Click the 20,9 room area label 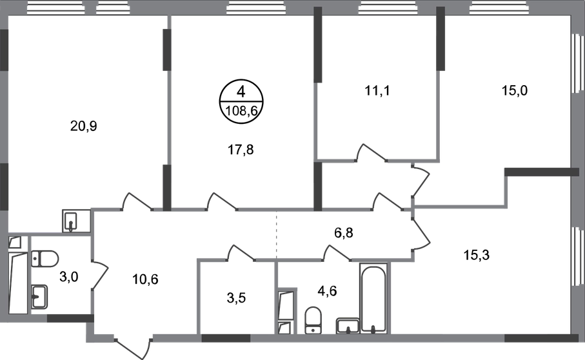(x=84, y=126)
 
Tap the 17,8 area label (x=241, y=150)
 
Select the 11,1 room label (x=377, y=90)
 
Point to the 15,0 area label (x=515, y=90)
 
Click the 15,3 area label (x=477, y=255)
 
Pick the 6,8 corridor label (x=343, y=233)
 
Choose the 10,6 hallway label (x=145, y=279)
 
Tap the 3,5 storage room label (x=236, y=298)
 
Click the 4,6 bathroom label (x=327, y=290)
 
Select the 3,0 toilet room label (x=68, y=277)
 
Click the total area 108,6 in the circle (x=242, y=110)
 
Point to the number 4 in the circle (x=241, y=92)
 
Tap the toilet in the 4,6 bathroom (x=313, y=320)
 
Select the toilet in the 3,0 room (x=45, y=258)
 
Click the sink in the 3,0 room (x=39, y=297)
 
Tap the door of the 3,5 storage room (x=241, y=252)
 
